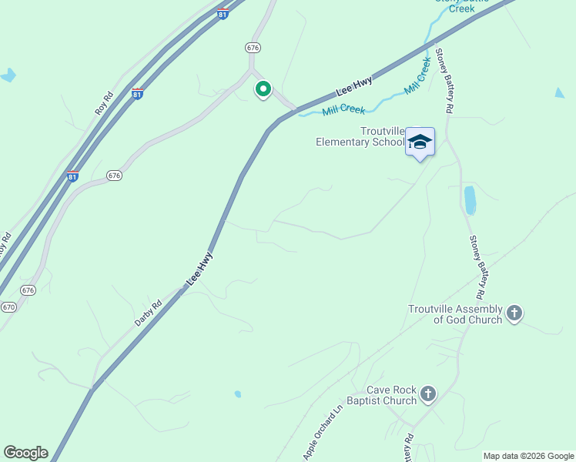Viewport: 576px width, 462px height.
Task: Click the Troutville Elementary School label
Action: [x=360, y=136]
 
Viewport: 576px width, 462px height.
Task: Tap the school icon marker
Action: [x=420, y=142]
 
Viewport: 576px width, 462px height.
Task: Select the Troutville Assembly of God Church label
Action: [x=455, y=314]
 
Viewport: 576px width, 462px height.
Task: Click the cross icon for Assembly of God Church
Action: [x=514, y=313]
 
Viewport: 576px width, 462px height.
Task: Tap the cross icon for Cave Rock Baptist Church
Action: [x=428, y=395]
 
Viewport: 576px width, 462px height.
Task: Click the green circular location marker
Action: [x=263, y=89]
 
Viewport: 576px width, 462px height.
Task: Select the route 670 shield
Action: [x=8, y=306]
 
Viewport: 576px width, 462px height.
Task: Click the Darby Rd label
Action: [x=148, y=313]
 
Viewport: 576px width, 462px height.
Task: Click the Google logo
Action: [x=25, y=453]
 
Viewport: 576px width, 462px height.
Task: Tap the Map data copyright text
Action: [x=528, y=456]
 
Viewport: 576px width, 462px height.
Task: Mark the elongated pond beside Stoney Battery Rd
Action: [x=470, y=200]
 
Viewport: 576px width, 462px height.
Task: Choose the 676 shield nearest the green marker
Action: [x=253, y=48]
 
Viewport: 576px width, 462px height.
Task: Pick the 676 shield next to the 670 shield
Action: [x=28, y=290]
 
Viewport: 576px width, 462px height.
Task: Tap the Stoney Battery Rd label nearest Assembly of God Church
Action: [x=477, y=266]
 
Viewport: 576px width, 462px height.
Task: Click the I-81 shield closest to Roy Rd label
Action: [x=137, y=94]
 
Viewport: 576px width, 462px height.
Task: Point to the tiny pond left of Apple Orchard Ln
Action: [x=238, y=394]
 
